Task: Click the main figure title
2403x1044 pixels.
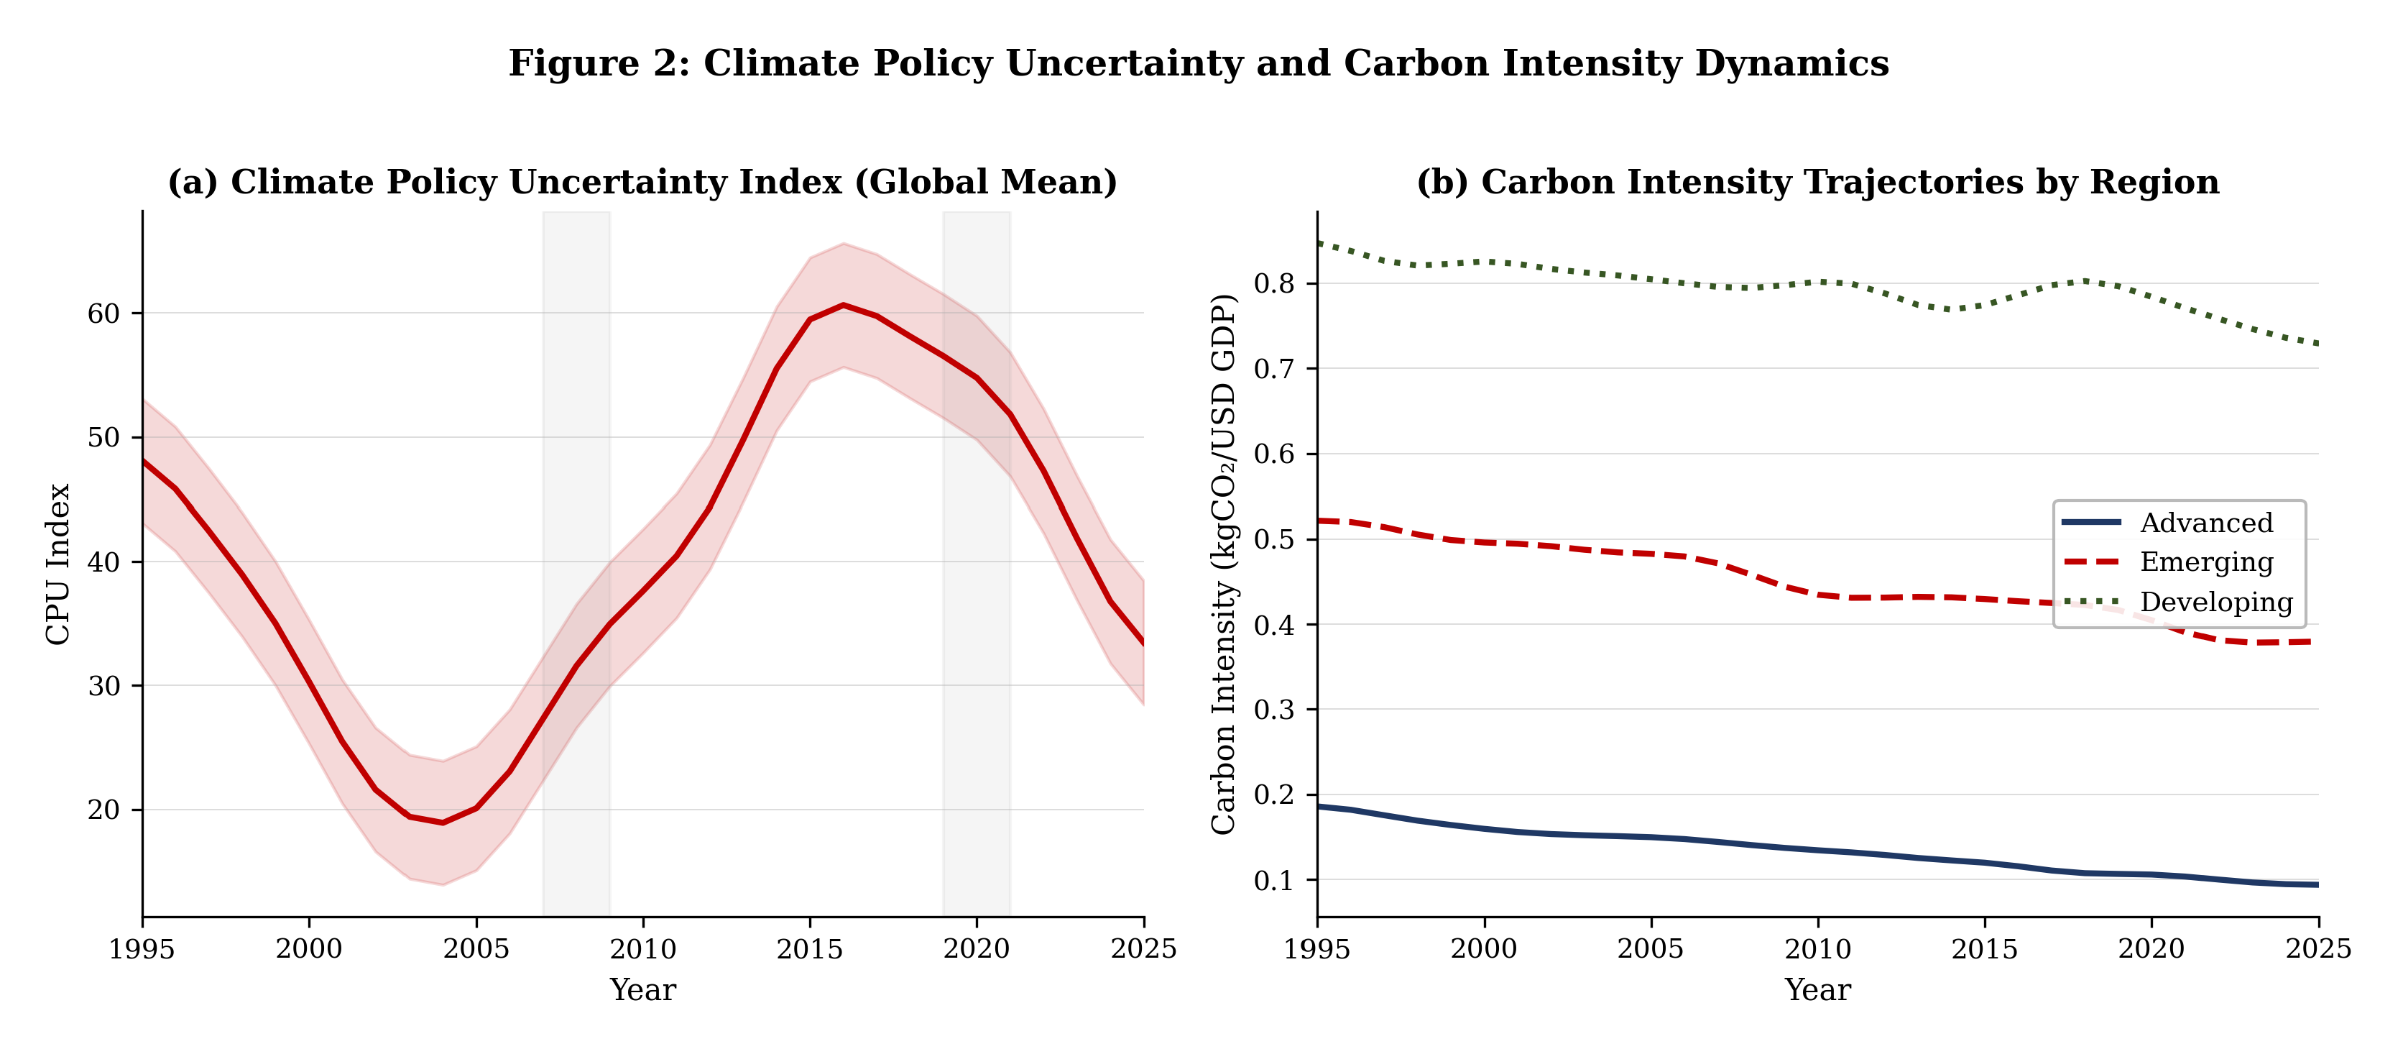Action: [x=1199, y=63]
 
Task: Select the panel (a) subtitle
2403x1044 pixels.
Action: [x=642, y=182]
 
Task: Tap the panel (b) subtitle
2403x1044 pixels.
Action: [x=1817, y=182]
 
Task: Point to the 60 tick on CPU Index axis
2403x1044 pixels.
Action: [x=103, y=313]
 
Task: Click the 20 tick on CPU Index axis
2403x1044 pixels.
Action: [x=103, y=810]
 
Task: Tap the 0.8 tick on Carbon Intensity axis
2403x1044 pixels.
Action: [x=1274, y=283]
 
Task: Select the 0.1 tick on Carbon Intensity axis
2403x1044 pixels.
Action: [x=1274, y=880]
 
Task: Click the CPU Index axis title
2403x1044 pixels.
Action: [x=57, y=564]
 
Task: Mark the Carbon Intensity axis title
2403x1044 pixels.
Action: [x=1224, y=564]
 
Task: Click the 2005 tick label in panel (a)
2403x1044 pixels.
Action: [x=476, y=949]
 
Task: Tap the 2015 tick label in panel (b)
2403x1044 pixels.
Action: [x=1984, y=949]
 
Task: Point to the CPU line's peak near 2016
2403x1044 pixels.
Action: [x=844, y=305]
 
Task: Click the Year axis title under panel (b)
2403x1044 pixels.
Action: [x=1817, y=990]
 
